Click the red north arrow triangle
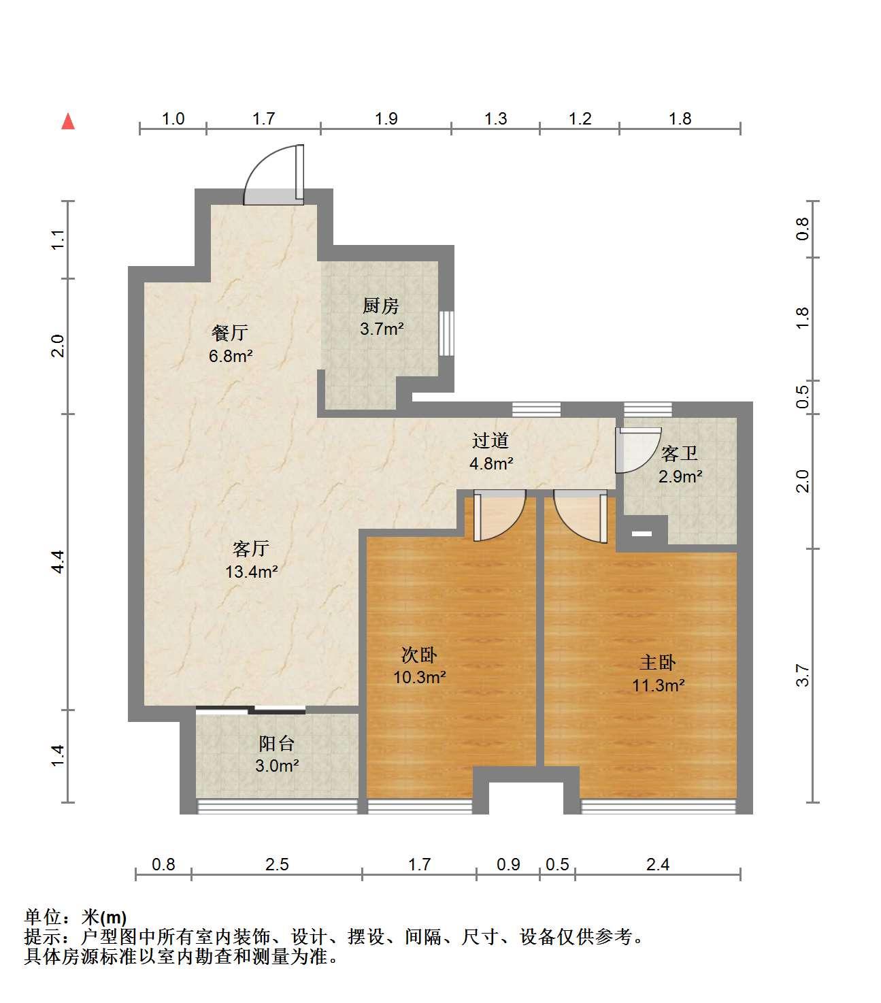click(68, 122)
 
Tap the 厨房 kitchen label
click(380, 306)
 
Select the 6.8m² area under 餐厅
click(231, 356)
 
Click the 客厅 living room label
click(251, 548)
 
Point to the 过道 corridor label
click(490, 440)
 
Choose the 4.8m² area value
click(491, 463)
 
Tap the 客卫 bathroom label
click(680, 453)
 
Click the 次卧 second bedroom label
click(419, 655)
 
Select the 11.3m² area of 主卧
click(659, 686)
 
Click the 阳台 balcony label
click(277, 744)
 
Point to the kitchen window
click(446, 333)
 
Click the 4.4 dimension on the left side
click(59, 562)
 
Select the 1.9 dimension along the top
click(386, 119)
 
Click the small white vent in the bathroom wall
click(642, 533)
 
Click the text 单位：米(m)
click(76, 917)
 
